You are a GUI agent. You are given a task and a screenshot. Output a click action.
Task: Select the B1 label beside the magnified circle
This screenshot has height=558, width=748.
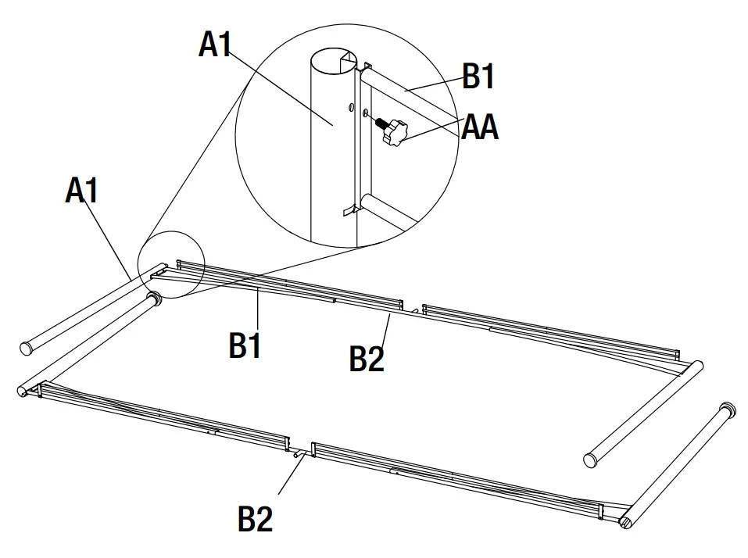pos(478,77)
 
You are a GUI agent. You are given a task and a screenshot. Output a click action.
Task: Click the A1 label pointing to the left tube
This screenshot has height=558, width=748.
pos(84,190)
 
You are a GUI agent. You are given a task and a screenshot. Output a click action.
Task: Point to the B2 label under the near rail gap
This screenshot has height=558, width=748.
pos(255,517)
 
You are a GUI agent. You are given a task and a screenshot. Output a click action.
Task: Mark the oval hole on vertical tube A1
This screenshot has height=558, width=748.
pos(352,105)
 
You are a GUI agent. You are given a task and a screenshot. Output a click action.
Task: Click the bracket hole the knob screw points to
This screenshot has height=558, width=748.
pos(366,115)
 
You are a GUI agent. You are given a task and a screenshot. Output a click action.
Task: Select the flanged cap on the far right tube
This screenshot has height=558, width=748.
pos(728,410)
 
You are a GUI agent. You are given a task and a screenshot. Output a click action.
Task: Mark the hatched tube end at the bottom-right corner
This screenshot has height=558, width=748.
pos(628,523)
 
